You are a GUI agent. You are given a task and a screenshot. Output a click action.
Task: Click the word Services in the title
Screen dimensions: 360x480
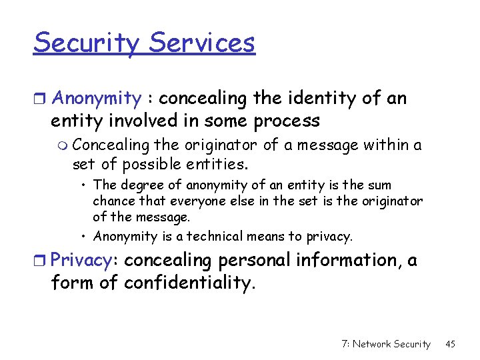pos(202,43)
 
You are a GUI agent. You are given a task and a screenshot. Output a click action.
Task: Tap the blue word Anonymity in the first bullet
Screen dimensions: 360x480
pos(96,99)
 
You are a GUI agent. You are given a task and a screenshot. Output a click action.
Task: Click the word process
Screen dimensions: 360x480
pos(289,121)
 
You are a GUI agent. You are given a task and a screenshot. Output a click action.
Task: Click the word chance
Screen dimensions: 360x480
pos(111,201)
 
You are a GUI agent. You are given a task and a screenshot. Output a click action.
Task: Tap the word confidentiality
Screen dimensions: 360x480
pos(189,283)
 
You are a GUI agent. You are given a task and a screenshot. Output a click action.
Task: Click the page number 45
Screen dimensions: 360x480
pos(450,344)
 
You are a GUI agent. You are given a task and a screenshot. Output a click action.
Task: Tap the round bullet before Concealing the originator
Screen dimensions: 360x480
pos(63,145)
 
